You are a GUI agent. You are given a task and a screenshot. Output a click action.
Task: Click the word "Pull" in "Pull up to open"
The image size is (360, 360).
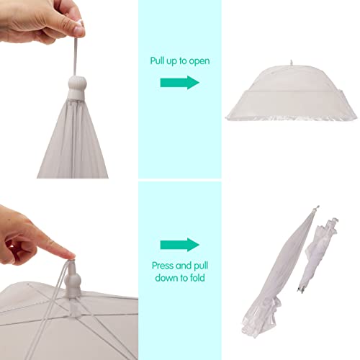point(158,60)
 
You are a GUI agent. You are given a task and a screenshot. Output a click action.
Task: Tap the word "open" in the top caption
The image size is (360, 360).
point(199,61)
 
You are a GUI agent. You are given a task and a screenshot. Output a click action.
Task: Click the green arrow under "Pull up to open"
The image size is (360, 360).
point(180,83)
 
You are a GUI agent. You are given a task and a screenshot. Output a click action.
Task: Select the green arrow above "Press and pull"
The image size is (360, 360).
point(180,245)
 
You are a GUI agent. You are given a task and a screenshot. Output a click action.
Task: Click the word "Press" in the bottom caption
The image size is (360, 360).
point(163,266)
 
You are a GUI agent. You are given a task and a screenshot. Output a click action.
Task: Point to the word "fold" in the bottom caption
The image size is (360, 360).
point(197,278)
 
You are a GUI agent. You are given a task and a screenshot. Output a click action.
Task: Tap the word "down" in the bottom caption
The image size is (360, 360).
point(166,278)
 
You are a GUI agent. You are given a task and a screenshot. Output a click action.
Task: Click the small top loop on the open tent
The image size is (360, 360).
point(292,63)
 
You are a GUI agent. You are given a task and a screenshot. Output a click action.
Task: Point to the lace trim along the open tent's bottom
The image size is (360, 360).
point(292,117)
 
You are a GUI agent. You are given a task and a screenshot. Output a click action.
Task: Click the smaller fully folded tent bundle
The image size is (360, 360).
point(319,255)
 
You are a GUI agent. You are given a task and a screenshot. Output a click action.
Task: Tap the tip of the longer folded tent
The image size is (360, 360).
point(318,207)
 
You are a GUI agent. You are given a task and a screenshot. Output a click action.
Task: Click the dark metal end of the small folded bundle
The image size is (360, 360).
point(301,289)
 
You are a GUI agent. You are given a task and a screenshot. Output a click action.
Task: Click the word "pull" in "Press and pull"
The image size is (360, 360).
point(200,266)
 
